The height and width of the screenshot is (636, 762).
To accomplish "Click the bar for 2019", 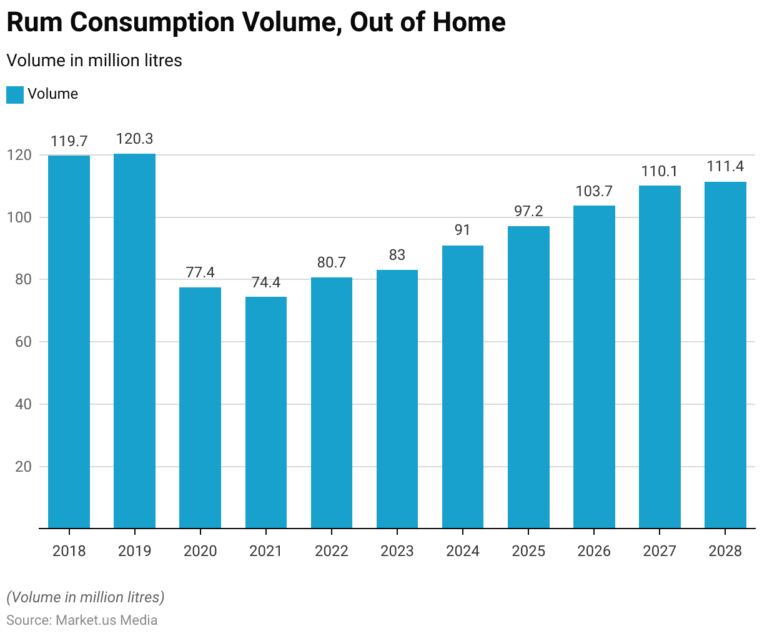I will (134, 340).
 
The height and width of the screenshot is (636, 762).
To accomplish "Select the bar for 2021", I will (266, 412).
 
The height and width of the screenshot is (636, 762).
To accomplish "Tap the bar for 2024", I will (463, 387).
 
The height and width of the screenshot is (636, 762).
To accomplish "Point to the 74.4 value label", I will (266, 283).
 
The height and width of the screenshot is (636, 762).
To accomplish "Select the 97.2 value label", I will (528, 212).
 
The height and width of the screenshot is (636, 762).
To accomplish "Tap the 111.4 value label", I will (725, 167).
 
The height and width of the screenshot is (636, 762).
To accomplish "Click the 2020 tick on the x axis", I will (200, 551).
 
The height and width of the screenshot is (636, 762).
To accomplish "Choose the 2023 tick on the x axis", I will (397, 551).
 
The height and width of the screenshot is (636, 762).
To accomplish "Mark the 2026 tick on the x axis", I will (594, 551).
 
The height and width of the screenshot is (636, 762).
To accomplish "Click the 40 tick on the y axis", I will (24, 404).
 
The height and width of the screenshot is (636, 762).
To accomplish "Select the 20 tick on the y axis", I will (24, 467).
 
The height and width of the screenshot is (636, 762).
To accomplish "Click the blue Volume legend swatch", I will (15, 95).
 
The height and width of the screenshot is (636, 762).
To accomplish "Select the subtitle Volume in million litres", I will (94, 61).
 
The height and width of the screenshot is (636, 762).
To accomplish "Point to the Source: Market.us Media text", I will (82, 620).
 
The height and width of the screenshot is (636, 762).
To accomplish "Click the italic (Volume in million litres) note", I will (86, 597).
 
